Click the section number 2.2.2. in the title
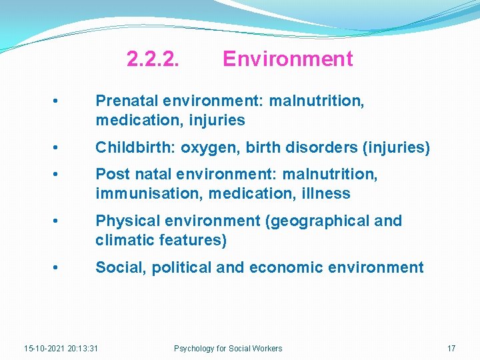[x=153, y=59]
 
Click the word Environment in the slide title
[x=287, y=59]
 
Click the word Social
[x=121, y=267]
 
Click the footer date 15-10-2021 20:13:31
[x=61, y=348]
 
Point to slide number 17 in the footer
[x=451, y=348]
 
